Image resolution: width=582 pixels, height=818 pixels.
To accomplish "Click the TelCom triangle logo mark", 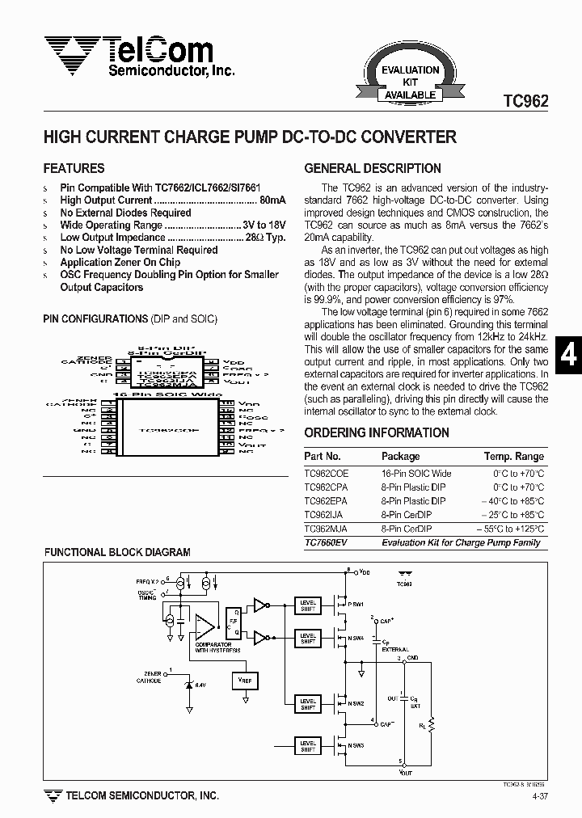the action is tap(71, 55).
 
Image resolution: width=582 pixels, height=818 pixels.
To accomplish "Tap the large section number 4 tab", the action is tap(569, 356).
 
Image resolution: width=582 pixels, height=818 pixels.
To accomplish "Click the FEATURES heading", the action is tap(74, 169).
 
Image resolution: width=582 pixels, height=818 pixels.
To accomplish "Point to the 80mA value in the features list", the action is tap(272, 200).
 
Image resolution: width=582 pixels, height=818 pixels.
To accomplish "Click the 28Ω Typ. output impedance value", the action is tap(265, 238).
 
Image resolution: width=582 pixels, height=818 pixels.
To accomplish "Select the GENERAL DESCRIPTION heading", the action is tap(373, 169).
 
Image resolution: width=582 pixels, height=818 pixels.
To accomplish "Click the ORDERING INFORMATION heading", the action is tap(377, 432).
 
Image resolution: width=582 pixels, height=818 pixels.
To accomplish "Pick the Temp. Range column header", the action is tap(514, 457).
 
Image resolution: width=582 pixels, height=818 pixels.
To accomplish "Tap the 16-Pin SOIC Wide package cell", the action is tap(416, 474).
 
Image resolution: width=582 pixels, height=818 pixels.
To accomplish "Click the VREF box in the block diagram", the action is tap(246, 681).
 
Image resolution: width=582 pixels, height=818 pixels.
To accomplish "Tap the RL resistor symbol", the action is tap(431, 724).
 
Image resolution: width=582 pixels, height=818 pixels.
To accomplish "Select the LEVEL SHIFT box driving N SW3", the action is tap(308, 746).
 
